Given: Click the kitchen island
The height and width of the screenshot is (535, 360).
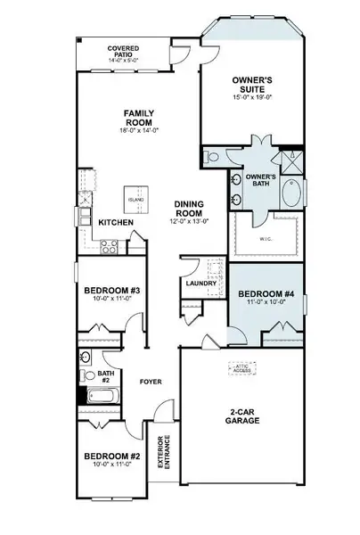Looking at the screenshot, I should pyautogui.click(x=136, y=199).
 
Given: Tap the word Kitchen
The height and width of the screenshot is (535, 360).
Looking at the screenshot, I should pyautogui.click(x=116, y=222).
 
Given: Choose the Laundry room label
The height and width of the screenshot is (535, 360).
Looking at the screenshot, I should pyautogui.click(x=200, y=284).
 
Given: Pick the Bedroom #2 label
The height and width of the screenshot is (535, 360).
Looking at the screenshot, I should pyautogui.click(x=113, y=457).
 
